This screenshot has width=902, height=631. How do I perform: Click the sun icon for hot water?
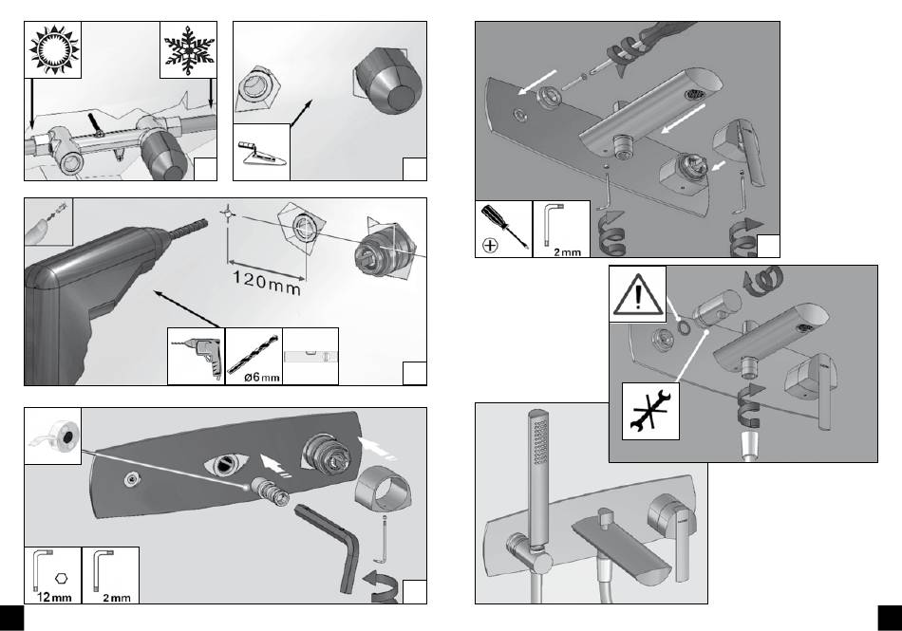click(x=53, y=49)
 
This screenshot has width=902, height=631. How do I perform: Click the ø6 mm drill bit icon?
click(x=254, y=356)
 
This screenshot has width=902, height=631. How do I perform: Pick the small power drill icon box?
click(x=197, y=356)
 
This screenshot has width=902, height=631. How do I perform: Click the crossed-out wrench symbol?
click(x=650, y=410)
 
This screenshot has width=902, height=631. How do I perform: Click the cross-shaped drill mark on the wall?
click(x=226, y=213)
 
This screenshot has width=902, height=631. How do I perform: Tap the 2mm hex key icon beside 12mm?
click(x=110, y=575)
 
